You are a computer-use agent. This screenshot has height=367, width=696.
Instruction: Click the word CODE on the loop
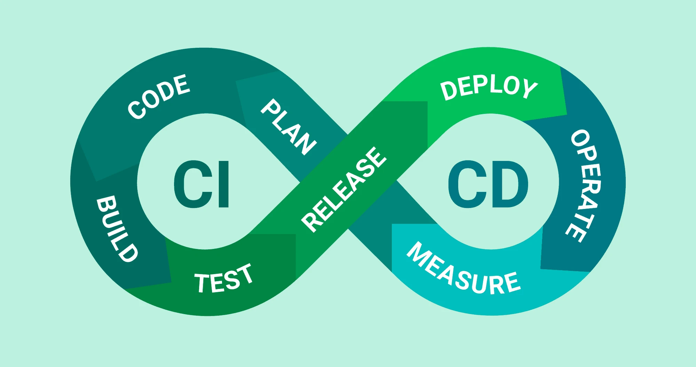(x=159, y=96)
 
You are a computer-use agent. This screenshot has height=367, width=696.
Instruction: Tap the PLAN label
(x=288, y=127)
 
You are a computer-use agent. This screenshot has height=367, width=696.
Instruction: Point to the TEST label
(x=223, y=278)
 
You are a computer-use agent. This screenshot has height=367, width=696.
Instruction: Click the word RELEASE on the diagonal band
(x=344, y=189)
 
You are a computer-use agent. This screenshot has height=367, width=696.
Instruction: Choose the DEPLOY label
(x=489, y=88)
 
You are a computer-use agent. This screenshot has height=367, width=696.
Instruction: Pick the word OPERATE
(x=585, y=186)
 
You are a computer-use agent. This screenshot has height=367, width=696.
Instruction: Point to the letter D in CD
(x=511, y=184)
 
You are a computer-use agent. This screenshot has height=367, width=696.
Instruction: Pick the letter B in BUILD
(x=106, y=204)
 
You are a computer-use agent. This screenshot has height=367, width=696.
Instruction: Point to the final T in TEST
(x=244, y=274)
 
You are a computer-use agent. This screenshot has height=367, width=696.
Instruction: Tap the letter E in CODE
(x=182, y=85)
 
